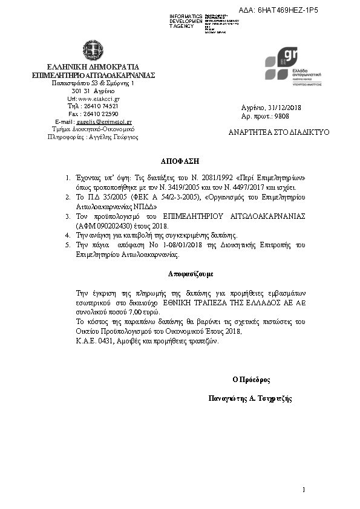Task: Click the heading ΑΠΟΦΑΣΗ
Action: pos(179,163)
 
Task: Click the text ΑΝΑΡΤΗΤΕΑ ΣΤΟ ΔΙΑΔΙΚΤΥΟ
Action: pos(279,131)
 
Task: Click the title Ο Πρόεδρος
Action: pos(250,380)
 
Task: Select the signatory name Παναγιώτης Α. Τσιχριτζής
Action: pos(250,398)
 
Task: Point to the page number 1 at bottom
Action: pos(304,489)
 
